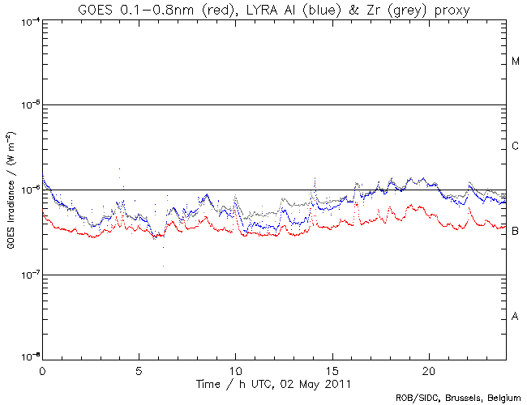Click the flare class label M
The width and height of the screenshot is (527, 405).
point(516,62)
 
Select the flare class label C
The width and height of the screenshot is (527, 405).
point(516,147)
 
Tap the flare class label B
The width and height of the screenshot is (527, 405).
point(516,232)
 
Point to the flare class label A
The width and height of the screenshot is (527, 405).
point(516,317)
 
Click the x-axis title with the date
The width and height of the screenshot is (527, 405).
point(275,382)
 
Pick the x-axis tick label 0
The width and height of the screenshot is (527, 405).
point(42,369)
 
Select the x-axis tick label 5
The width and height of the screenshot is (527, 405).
point(139,369)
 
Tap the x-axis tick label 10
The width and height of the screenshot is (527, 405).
point(235,369)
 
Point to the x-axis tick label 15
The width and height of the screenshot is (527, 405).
point(332,369)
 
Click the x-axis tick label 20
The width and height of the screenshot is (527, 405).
point(429,369)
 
